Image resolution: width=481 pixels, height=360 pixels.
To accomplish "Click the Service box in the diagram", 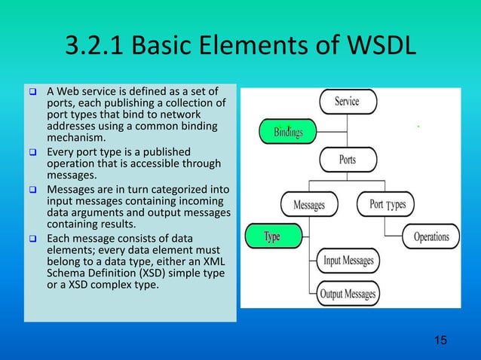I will (x=348, y=102).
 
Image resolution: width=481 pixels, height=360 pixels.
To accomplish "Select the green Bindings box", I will (x=288, y=133).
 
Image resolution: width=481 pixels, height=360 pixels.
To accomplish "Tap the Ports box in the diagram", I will (x=348, y=160).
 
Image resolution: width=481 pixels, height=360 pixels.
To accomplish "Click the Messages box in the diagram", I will (x=309, y=204).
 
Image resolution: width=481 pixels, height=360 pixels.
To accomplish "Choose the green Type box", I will (x=272, y=236).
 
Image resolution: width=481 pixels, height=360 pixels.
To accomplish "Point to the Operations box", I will (x=431, y=236).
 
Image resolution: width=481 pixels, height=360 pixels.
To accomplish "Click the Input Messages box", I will (x=348, y=261).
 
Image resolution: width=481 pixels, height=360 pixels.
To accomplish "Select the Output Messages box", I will (x=348, y=293).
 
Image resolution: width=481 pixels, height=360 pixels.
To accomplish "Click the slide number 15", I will (x=440, y=341).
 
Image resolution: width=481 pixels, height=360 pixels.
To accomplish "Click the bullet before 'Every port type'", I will (x=32, y=150).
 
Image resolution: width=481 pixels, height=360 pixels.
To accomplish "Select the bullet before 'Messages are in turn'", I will (x=32, y=188).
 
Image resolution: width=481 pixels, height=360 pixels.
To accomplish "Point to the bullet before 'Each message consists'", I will (x=32, y=239).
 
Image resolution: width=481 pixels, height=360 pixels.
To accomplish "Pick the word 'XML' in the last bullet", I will (x=208, y=261).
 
